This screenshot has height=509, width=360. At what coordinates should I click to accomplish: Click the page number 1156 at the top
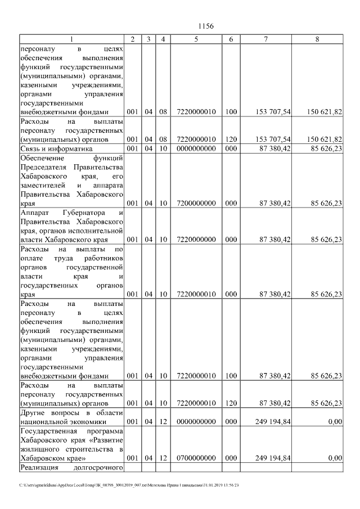tap(206, 26)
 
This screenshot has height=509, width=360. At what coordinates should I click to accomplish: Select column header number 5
tap(196, 39)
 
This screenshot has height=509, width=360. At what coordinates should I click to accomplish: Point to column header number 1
tap(71, 39)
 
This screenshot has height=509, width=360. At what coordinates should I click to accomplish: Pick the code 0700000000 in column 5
tap(196, 458)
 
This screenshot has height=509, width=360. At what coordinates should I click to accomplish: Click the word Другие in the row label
tap(33, 411)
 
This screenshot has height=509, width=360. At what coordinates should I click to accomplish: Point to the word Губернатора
tap(79, 213)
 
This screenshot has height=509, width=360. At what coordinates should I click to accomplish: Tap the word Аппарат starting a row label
tap(34, 213)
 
